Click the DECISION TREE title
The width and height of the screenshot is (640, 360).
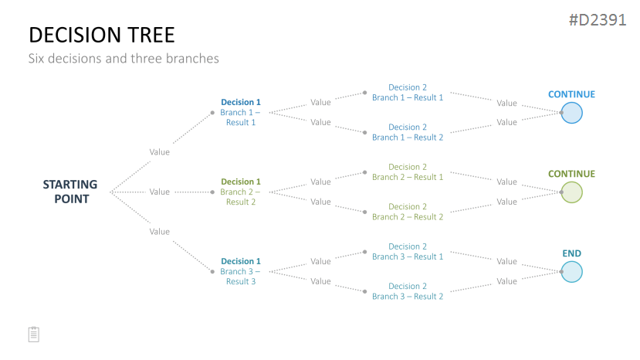pyautogui.click(x=102, y=35)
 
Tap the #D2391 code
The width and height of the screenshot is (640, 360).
pyautogui.click(x=598, y=19)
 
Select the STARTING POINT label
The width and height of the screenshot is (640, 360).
pyautogui.click(x=70, y=192)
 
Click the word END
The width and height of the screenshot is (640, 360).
pyautogui.click(x=571, y=253)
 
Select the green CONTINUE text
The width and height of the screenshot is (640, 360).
pyautogui.click(x=571, y=174)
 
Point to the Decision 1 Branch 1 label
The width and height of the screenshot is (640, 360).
pyautogui.click(x=240, y=112)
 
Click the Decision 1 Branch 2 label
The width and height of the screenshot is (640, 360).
pyautogui.click(x=240, y=192)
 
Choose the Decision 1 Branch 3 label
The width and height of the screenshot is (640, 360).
pyautogui.click(x=240, y=271)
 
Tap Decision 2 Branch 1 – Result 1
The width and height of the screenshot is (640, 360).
pyautogui.click(x=408, y=93)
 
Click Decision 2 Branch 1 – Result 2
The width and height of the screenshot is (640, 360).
pyautogui.click(x=408, y=132)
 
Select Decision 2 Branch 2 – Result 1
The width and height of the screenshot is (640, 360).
pyautogui.click(x=408, y=172)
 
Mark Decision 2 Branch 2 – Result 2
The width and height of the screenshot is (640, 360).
pyautogui.click(x=408, y=212)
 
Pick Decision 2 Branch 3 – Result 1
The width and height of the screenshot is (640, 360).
pyautogui.click(x=408, y=251)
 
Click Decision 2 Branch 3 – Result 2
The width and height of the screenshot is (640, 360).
pyautogui.click(x=408, y=291)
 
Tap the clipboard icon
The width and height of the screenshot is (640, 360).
pyautogui.click(x=34, y=335)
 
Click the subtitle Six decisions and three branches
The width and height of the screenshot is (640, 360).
pyautogui.click(x=124, y=59)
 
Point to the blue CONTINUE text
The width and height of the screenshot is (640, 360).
pyautogui.click(x=571, y=94)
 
